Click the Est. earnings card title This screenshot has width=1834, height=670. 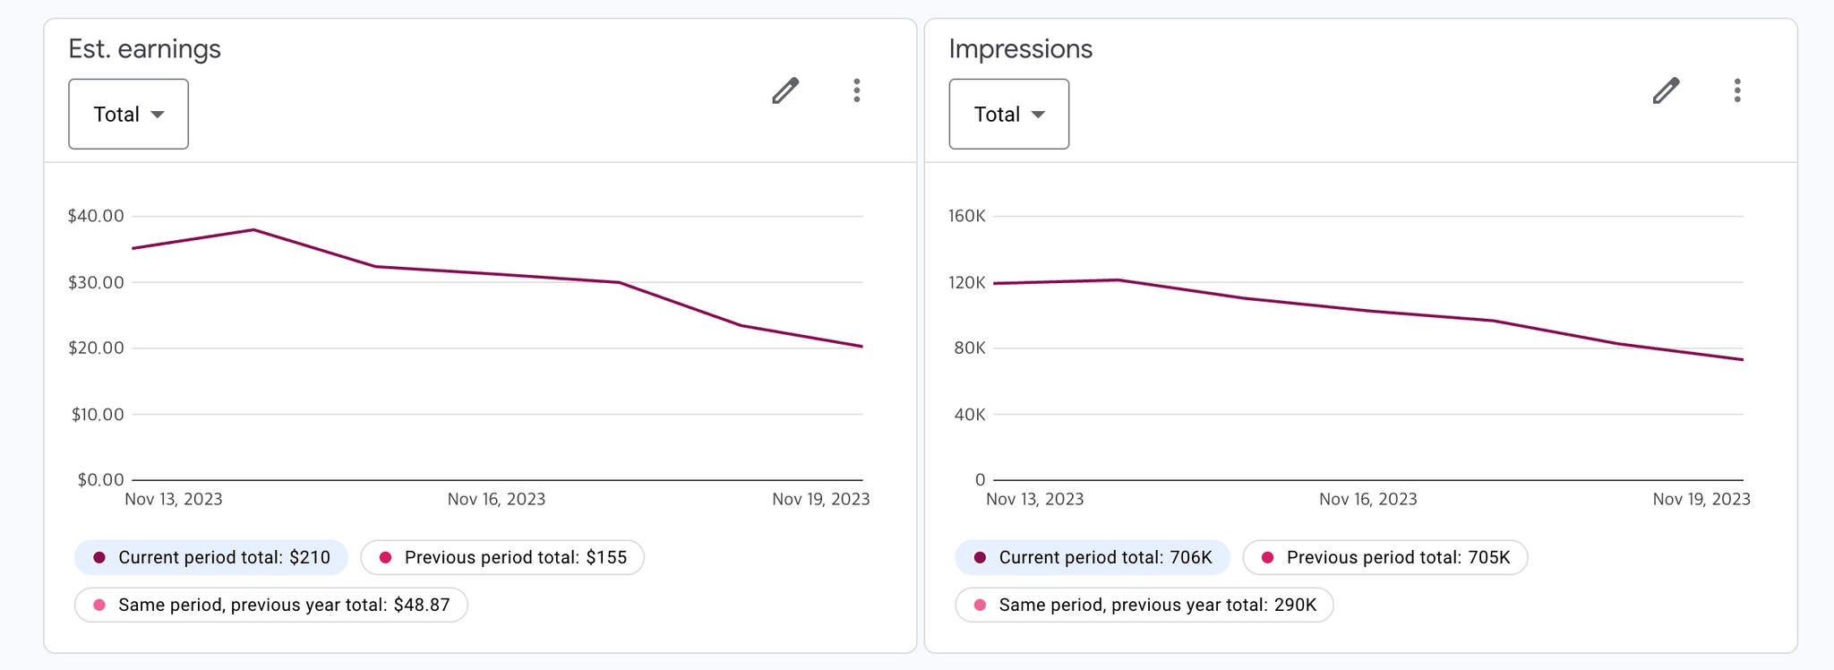(x=144, y=48)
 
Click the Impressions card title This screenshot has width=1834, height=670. (x=1020, y=48)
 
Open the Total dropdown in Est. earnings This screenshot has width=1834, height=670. (x=128, y=114)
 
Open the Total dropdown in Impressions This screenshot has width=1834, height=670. (x=1008, y=114)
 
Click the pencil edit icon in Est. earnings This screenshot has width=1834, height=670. (x=785, y=90)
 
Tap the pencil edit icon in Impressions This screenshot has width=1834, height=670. (x=1666, y=90)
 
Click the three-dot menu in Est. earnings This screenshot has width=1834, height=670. (x=857, y=90)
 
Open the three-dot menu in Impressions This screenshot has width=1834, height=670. (x=1737, y=90)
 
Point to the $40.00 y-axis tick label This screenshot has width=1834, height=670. (x=96, y=216)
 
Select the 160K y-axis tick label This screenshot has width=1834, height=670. (x=966, y=216)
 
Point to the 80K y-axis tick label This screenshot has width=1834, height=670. (x=969, y=348)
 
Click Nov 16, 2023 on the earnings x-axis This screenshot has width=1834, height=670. (x=496, y=499)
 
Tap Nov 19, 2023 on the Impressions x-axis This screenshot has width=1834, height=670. (x=1701, y=499)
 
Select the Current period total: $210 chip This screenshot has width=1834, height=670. (x=211, y=557)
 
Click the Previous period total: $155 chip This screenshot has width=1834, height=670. (x=502, y=557)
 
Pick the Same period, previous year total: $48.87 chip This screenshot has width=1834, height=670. (x=271, y=605)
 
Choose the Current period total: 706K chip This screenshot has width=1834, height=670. (x=1093, y=557)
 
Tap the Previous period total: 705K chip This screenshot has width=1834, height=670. (x=1385, y=557)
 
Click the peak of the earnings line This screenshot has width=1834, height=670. (x=254, y=230)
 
